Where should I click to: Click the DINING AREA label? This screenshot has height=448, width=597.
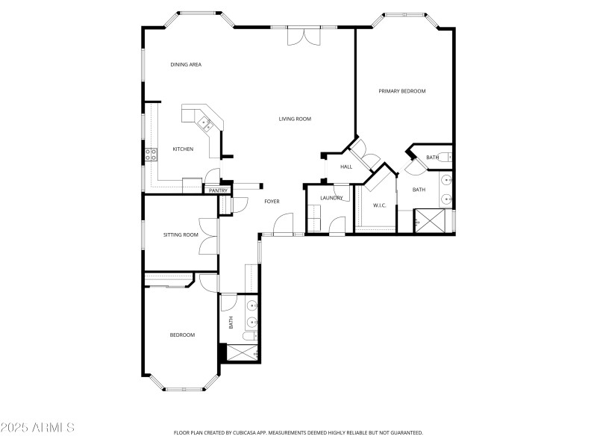click(186, 65)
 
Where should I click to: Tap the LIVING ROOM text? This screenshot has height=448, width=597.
click(295, 119)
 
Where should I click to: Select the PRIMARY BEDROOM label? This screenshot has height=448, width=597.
click(401, 91)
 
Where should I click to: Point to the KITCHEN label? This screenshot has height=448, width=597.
click(183, 149)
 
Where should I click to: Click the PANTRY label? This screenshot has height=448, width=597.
click(218, 191)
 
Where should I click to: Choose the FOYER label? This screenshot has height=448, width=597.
click(272, 202)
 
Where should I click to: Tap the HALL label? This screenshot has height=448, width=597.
click(346, 167)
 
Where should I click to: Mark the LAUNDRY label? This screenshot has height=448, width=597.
click(331, 198)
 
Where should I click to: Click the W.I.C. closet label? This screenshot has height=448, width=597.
click(379, 205)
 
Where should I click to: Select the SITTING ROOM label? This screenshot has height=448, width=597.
click(181, 234)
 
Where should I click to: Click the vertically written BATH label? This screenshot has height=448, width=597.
click(231, 323)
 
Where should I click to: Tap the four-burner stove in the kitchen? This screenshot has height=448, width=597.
click(151, 155)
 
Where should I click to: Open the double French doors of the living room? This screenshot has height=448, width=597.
click(304, 36)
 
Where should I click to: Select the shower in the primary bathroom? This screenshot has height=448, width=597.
click(431, 221)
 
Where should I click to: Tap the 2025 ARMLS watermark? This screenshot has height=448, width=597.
click(37, 428)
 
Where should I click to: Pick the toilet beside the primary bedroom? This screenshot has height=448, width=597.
click(444, 157)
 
